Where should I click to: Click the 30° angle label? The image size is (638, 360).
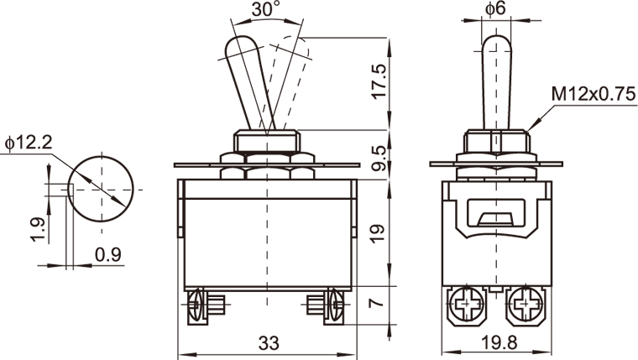click(x=266, y=9)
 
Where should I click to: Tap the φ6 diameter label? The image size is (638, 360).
click(x=495, y=8)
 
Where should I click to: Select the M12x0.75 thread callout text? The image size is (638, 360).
click(x=594, y=94)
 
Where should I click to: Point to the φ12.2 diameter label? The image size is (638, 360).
click(x=29, y=143)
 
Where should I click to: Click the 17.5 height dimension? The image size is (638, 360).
click(x=379, y=81)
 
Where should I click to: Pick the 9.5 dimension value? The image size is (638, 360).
click(x=379, y=158)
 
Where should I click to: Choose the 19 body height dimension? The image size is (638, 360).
click(x=378, y=233)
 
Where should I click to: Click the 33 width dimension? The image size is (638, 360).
click(x=269, y=343)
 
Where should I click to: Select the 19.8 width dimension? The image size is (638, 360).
click(x=499, y=342)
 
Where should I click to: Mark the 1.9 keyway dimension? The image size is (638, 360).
click(x=38, y=229)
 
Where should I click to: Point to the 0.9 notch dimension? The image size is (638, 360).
click(x=108, y=254)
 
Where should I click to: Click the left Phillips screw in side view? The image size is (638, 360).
click(x=465, y=304)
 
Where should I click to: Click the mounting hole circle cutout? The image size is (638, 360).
click(x=100, y=190)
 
